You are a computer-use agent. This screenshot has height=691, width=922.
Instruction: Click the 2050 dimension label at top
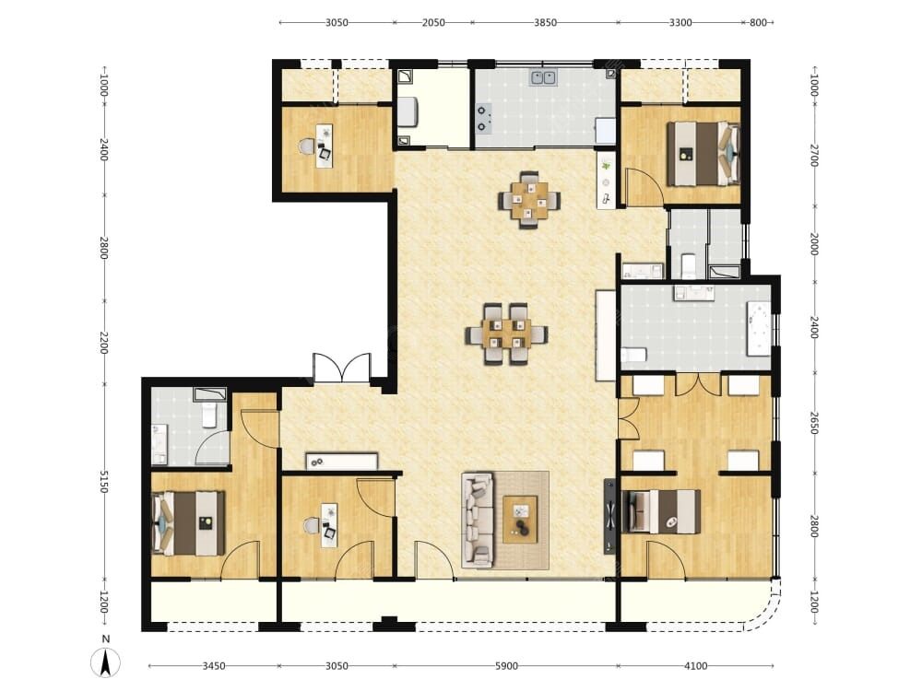[433, 23]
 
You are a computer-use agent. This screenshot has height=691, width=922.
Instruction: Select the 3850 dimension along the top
[545, 23]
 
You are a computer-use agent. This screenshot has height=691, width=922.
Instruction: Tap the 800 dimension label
[758, 23]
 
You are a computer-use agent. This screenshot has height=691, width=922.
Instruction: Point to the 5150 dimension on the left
[103, 481]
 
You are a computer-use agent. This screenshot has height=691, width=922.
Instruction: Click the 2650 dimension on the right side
[814, 423]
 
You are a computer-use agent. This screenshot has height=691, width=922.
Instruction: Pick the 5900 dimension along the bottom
[506, 666]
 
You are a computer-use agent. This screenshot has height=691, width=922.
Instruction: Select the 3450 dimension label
[214, 666]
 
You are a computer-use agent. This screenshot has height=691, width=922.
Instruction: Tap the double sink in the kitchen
[543, 77]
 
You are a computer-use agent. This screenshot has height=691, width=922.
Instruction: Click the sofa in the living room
[477, 521]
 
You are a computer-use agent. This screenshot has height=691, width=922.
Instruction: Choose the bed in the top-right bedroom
[703, 153]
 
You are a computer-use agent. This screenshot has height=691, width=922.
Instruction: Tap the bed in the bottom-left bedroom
[188, 523]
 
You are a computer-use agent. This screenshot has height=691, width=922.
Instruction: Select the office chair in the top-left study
[307, 146]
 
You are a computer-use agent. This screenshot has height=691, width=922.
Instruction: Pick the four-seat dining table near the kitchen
[528, 200]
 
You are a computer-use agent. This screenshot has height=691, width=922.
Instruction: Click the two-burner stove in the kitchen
[483, 118]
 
